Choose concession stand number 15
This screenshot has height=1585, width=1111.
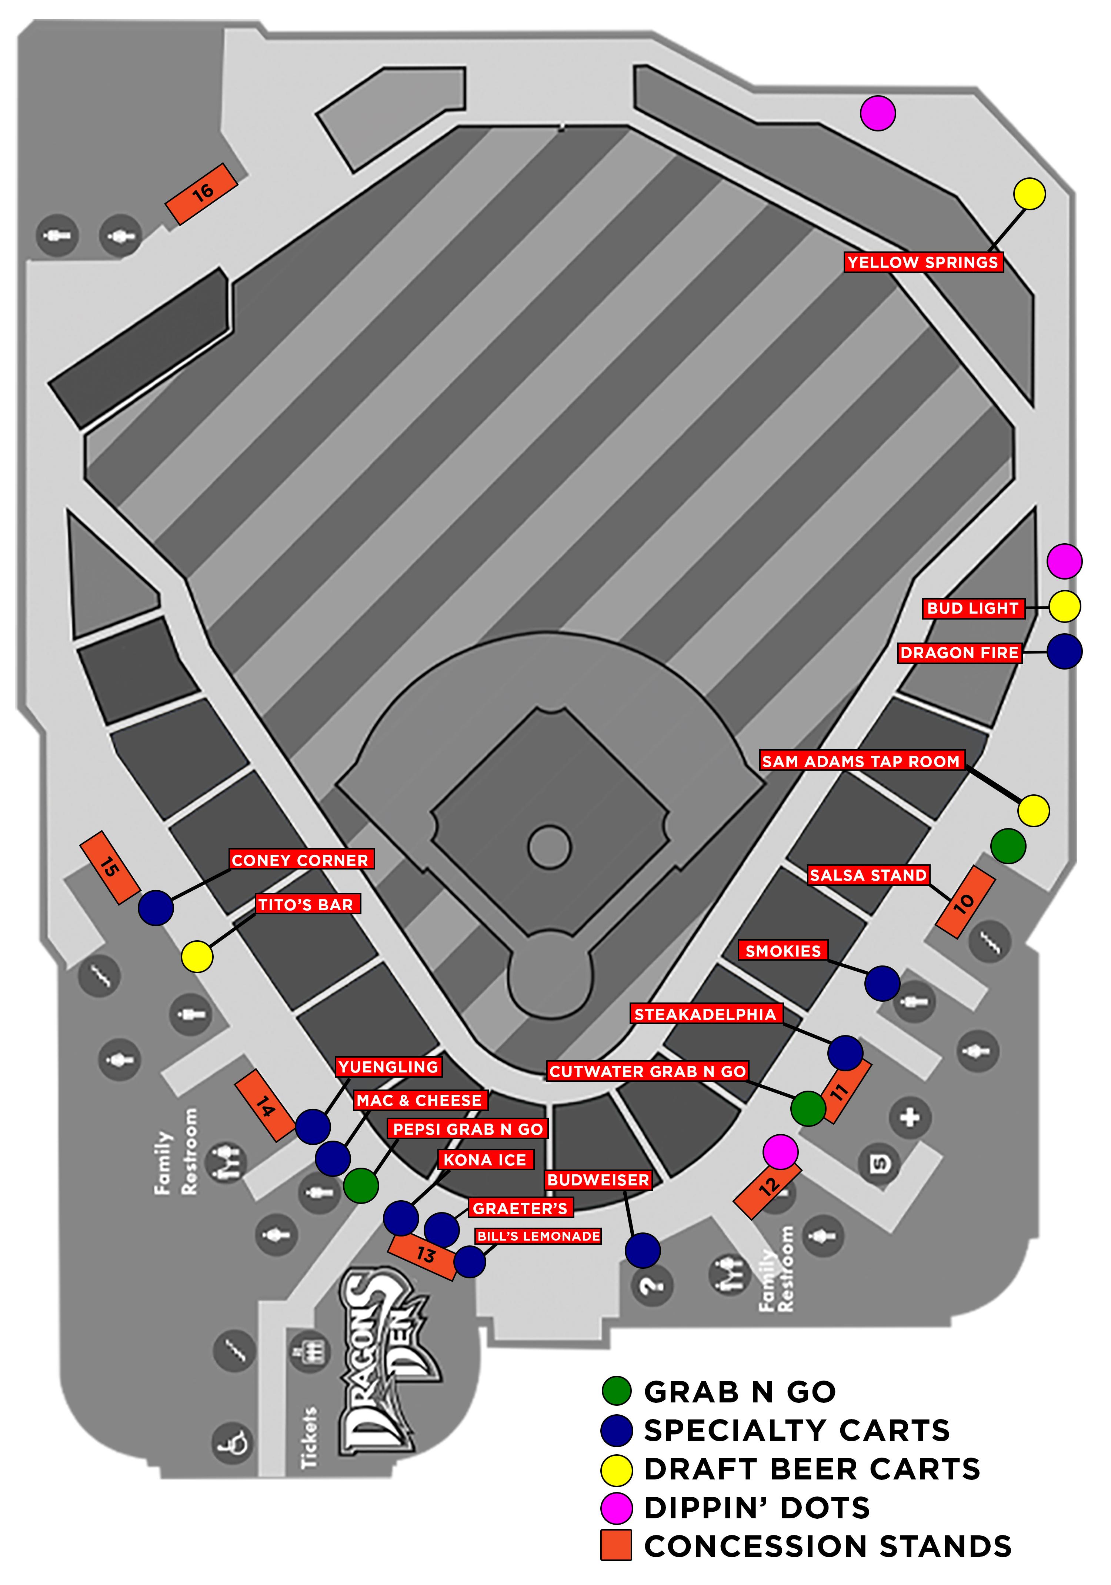pyautogui.click(x=110, y=867)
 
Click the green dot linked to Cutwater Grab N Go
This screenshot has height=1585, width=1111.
pyautogui.click(x=807, y=1109)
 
